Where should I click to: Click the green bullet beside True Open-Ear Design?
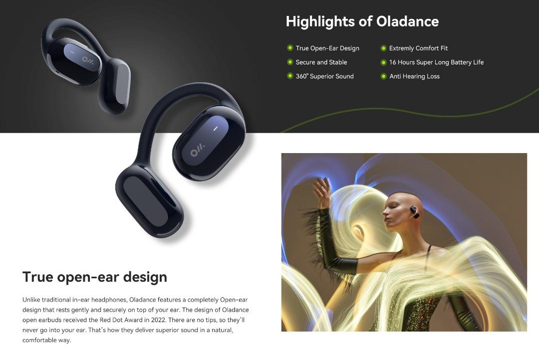(290, 48)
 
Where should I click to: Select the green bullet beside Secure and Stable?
(290, 62)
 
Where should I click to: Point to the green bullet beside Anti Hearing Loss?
(383, 76)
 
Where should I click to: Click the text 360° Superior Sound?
(324, 76)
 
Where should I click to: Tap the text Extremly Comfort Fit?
(418, 48)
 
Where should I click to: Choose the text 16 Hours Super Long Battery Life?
(436, 62)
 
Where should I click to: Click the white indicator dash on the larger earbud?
(216, 129)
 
